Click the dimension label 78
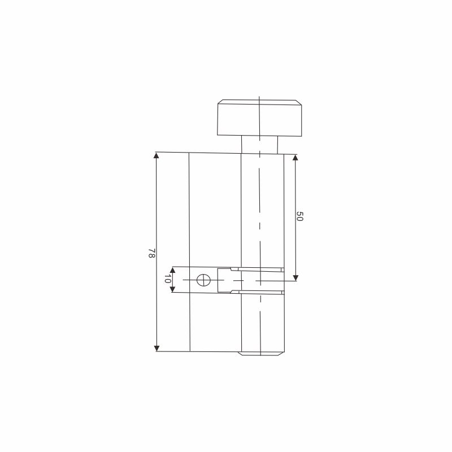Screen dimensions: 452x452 tap(152, 253)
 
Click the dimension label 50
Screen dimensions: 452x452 tap(300, 216)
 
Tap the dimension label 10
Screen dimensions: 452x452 tap(167, 279)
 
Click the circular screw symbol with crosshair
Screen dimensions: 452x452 tap(203, 280)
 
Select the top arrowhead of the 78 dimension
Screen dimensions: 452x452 tap(157, 155)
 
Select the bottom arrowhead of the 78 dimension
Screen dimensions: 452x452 tap(157, 348)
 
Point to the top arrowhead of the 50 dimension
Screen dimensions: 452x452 tap(295, 158)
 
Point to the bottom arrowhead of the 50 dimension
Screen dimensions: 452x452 tap(295, 277)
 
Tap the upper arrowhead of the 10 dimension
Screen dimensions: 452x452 tap(172, 270)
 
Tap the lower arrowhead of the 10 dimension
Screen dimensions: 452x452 tap(173, 289)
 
